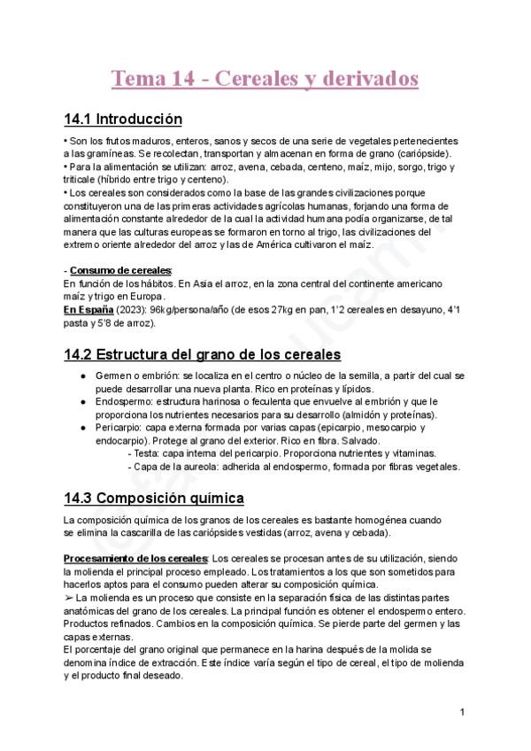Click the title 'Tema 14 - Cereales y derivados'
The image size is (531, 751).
[x=264, y=79]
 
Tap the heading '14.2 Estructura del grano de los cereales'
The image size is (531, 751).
[x=203, y=355]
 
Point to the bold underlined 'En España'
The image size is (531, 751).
[x=88, y=311]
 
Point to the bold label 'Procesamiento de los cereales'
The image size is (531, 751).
[x=135, y=559]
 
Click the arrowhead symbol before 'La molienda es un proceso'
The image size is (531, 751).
[x=69, y=599]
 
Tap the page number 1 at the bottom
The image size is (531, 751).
[x=462, y=711]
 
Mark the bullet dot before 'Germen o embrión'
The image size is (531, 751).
[x=82, y=376]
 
